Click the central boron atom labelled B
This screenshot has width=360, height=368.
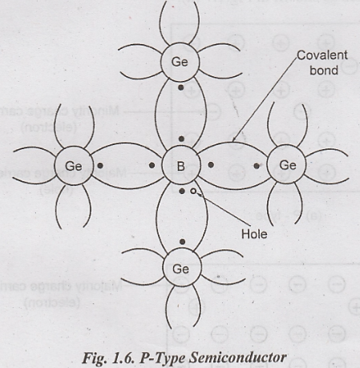181,166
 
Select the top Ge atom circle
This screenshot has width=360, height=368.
180,62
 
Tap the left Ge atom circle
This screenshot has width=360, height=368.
74,166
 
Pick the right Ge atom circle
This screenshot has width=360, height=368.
286,165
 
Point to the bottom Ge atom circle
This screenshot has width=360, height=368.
182,268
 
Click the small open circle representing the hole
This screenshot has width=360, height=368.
193,191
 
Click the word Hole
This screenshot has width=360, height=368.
254,234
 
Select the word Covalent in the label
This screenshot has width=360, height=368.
322,55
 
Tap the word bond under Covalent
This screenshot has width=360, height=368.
324,71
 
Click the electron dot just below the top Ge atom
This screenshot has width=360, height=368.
181,87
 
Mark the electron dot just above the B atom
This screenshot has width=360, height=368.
181,139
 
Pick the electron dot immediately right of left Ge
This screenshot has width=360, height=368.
100,166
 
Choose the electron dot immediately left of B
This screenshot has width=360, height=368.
152,165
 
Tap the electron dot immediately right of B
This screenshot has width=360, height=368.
211,165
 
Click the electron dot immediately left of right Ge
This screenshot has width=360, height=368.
257,166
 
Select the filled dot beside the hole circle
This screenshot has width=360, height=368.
182,191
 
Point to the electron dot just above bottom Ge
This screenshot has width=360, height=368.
182,242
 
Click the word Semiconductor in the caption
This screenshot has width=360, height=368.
238,358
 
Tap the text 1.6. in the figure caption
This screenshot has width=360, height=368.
123,358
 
